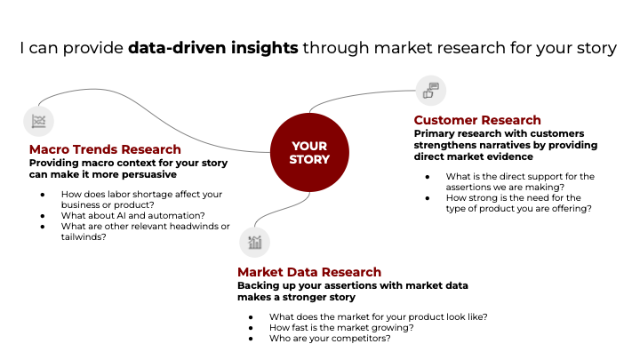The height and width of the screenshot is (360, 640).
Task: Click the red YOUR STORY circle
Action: tap(309, 153)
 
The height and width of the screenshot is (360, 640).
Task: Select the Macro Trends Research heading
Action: tap(105, 149)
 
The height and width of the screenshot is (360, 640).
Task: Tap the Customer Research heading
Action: tap(477, 120)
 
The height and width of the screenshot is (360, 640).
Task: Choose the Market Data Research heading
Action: tap(309, 272)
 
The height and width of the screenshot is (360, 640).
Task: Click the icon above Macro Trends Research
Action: tap(38, 121)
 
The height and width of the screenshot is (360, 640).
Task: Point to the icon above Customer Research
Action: tap(431, 90)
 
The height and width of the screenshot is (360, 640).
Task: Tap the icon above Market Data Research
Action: tap(254, 242)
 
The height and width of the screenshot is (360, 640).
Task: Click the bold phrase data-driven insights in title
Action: tap(212, 48)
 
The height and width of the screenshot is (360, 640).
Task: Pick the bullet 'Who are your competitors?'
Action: tap(329, 339)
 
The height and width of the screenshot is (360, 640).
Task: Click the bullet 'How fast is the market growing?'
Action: tap(342, 327)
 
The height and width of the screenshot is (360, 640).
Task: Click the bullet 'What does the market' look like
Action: tap(378, 316)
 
